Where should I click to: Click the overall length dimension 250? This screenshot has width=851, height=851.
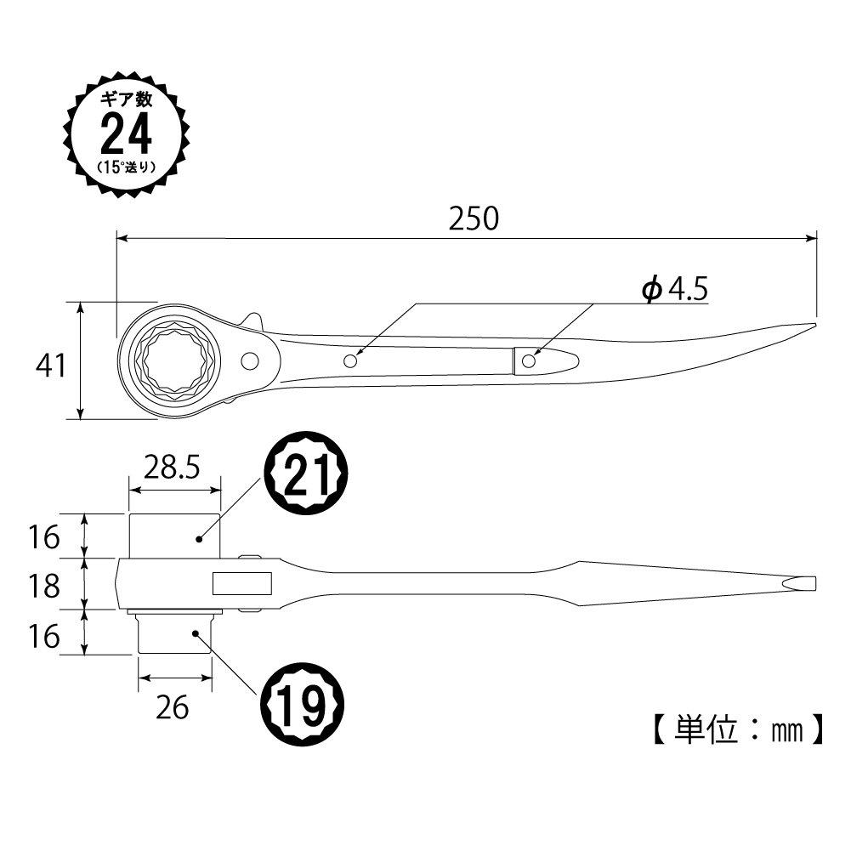coord(474,218)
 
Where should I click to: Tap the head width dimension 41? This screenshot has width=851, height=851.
coord(50,366)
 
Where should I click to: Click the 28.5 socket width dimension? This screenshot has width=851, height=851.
coord(172,468)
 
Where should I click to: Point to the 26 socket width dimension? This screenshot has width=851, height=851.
coord(172,707)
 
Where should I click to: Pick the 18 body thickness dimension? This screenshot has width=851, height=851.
coord(44,587)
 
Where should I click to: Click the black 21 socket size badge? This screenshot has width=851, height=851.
coord(305,473)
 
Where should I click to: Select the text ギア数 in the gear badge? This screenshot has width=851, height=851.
coord(126,99)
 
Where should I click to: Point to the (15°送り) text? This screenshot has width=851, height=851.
coord(126,167)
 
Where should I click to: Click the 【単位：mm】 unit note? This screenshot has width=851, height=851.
coord(738,730)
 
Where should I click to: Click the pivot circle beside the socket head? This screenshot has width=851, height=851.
coord(250,361)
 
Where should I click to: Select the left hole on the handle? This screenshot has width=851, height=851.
coord(350,360)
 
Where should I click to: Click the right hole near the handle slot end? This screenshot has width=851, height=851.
coord(528,361)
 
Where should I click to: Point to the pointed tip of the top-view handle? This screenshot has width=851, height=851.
coord(815,325)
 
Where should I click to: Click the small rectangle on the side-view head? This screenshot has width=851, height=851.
coord(242,583)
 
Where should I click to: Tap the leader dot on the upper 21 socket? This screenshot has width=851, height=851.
coord(199,539)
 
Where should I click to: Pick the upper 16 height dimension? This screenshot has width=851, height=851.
coord(44,537)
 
